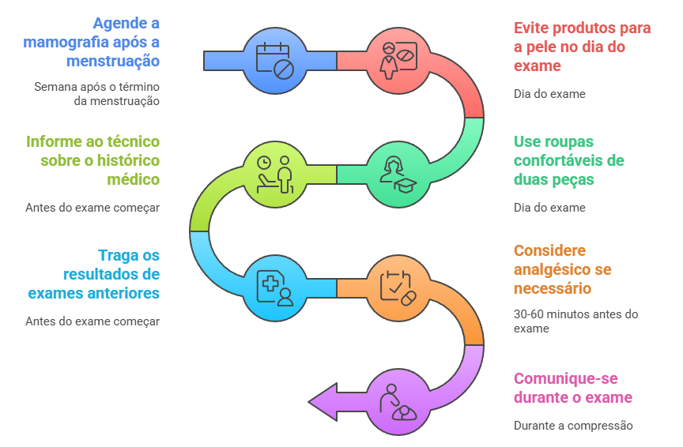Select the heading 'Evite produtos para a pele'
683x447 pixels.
click(582, 47)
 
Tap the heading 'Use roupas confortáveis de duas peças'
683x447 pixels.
click(569, 160)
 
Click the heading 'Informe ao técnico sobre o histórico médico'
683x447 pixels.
click(92, 160)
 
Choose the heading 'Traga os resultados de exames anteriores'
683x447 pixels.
click(93, 274)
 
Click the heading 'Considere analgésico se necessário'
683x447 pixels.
click(562, 269)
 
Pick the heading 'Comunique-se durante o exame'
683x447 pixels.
click(573, 388)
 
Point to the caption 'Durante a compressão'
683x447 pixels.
click(573, 426)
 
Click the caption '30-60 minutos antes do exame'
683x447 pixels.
click(575, 321)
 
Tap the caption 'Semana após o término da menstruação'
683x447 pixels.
click(96, 93)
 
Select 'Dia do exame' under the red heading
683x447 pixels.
click(549, 94)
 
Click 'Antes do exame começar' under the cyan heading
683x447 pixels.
click(92, 321)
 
